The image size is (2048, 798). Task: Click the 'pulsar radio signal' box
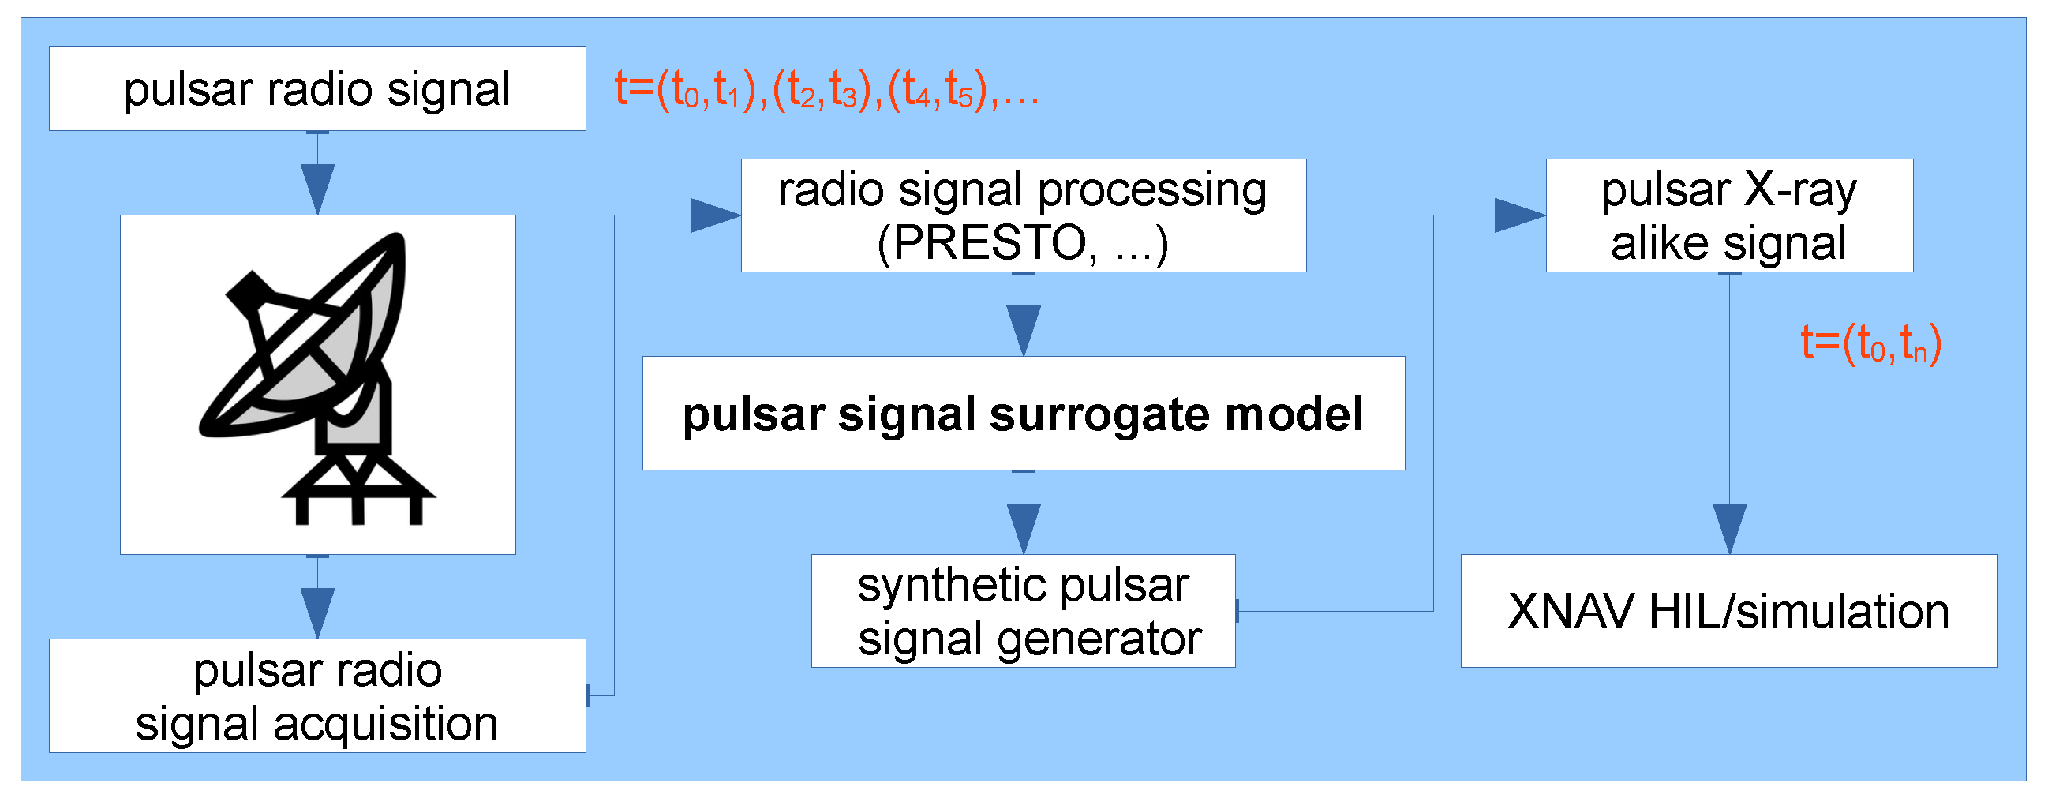click(317, 88)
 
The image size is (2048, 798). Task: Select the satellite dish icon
click(317, 373)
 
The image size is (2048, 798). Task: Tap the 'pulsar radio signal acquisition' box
click(317, 696)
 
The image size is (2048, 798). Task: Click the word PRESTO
click(989, 243)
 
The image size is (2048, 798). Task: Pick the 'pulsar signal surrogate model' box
click(1023, 414)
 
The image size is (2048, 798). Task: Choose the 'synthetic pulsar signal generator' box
click(1023, 611)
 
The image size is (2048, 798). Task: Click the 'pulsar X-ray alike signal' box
click(1728, 215)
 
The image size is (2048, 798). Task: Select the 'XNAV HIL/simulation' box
click(1728, 611)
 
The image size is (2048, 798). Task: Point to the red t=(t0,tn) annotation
click(1870, 343)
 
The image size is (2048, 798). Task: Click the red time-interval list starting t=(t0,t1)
click(827, 89)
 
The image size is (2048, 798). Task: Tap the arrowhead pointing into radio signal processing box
click(717, 215)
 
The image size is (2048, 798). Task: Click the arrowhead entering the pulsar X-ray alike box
click(1520, 215)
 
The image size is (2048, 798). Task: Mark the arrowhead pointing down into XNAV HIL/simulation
click(1729, 528)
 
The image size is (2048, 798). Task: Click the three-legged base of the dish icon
click(358, 493)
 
